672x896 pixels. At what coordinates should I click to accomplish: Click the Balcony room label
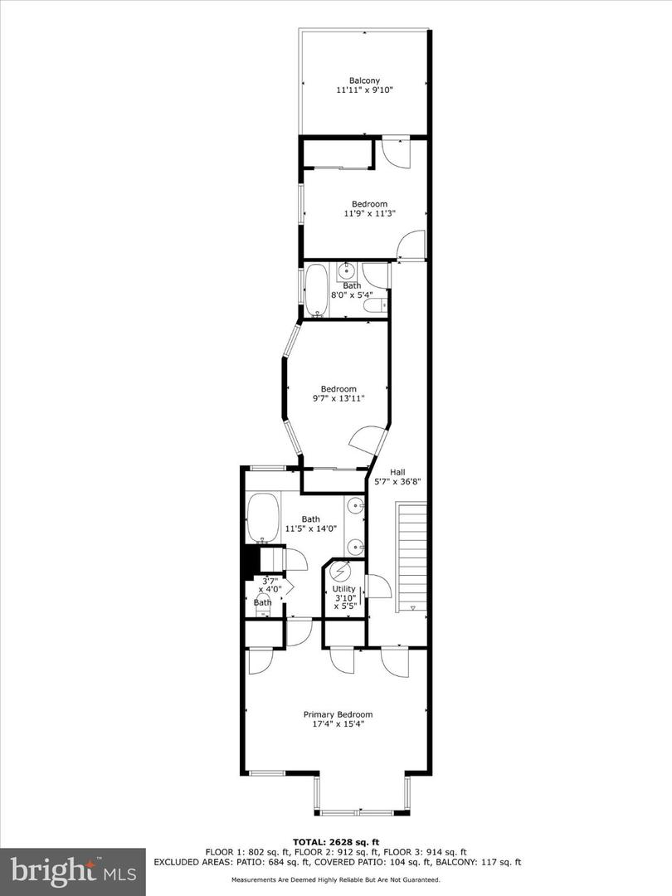coord(365,80)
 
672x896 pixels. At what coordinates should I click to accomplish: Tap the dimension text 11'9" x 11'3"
coord(369,213)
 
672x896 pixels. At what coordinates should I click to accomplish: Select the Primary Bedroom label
coord(338,714)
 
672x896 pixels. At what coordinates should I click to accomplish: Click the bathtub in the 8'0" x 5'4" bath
coord(316,290)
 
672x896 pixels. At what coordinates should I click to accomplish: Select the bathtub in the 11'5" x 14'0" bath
coord(263,518)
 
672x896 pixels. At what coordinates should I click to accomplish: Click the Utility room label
coord(343,588)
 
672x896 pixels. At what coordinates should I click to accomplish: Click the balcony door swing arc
coord(395,152)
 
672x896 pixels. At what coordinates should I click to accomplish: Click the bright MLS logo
coord(72,871)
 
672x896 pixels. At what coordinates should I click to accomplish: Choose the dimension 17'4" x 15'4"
coord(338,723)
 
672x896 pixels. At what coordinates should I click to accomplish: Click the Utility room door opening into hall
coord(378,586)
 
